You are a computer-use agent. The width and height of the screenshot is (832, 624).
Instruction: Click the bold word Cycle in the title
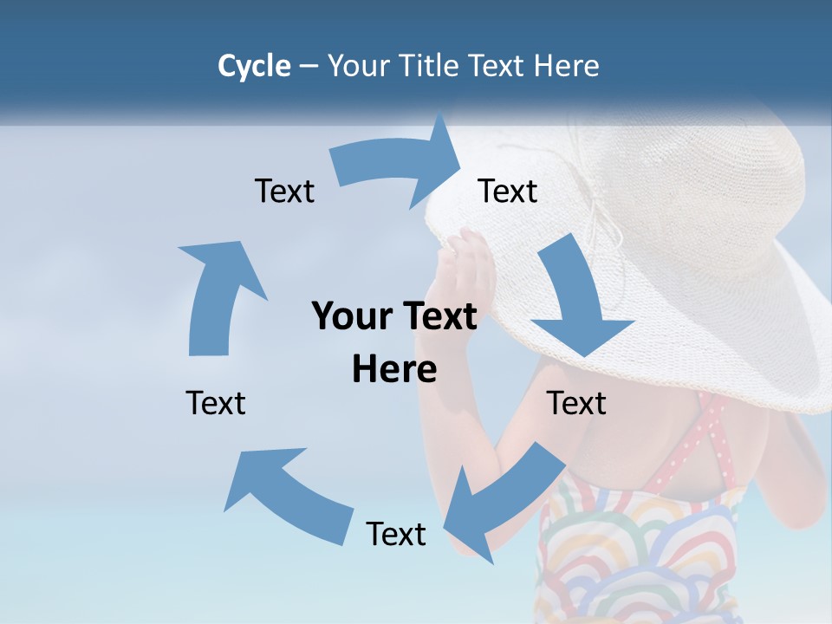tap(254, 66)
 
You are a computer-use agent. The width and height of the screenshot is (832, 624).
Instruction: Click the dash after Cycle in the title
tap(309, 66)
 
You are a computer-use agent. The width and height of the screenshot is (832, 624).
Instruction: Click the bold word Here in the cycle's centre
tap(394, 370)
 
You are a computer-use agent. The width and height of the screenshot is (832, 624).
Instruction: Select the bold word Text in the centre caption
tap(438, 316)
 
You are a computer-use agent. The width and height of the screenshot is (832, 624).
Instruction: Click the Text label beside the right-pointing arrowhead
tap(508, 192)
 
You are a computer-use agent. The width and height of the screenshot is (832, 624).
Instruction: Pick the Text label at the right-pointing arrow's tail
tap(284, 192)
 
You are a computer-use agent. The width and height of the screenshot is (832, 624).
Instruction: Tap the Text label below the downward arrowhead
tap(576, 404)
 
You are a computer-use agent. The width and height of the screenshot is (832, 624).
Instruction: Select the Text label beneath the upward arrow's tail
tap(216, 404)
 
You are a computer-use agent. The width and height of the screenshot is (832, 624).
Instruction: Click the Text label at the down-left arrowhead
tap(396, 535)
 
